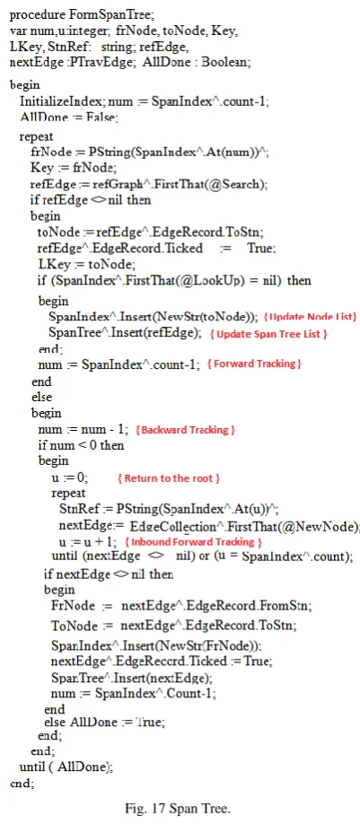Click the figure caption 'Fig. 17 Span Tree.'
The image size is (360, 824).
tap(178, 808)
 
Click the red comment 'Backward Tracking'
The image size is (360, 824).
tap(185, 430)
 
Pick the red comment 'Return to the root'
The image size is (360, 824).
tap(168, 478)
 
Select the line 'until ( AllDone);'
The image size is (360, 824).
tap(66, 767)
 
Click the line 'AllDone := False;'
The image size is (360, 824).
tap(69, 118)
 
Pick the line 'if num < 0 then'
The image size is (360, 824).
tap(82, 445)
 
